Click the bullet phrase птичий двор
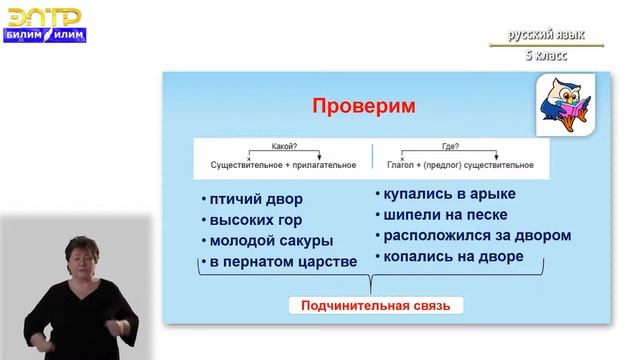pyautogui.click(x=251, y=198)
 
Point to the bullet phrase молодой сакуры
pyautogui.click(x=270, y=241)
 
